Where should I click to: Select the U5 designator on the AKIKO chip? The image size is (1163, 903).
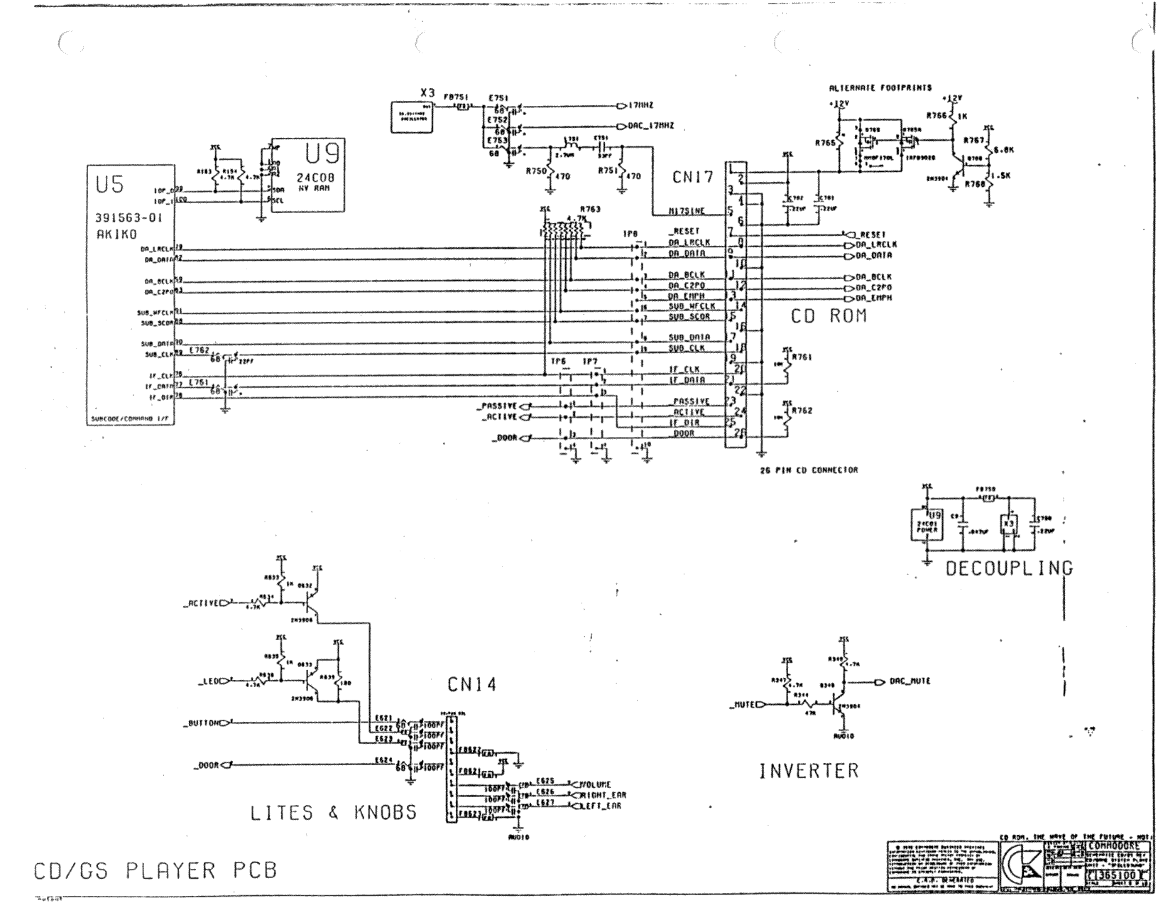110,185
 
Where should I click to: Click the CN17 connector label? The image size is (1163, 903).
693,177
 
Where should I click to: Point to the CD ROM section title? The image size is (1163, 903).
829,316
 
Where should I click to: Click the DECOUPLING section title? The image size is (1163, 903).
1009,568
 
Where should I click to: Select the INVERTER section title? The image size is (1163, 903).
809,770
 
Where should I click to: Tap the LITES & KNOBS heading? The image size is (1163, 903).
333,813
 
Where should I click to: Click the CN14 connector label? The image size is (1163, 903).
471,685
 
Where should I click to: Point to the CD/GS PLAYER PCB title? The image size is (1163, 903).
155,871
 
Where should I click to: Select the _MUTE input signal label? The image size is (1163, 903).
744,705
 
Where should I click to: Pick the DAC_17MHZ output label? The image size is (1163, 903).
651,126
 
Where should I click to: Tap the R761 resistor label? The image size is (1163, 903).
802,357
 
